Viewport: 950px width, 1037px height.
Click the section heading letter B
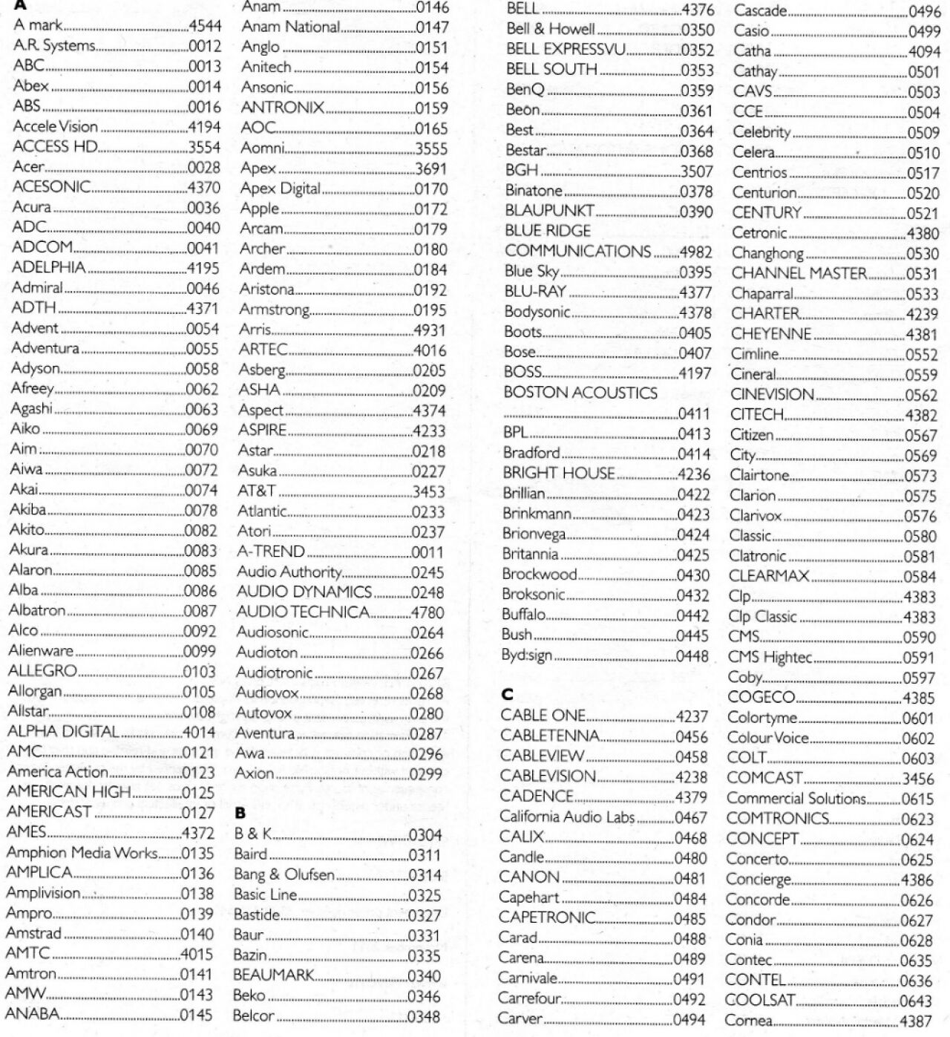pyautogui.click(x=240, y=813)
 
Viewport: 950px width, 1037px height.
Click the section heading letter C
pyautogui.click(x=507, y=695)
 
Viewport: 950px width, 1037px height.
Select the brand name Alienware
pyautogui.click(x=41, y=651)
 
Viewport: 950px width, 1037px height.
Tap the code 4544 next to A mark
pyautogui.click(x=205, y=25)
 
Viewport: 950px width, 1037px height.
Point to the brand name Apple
pyautogui.click(x=260, y=209)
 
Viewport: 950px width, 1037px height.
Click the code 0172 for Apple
pyautogui.click(x=431, y=209)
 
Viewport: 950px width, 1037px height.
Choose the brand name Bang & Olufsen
pyautogui.click(x=284, y=874)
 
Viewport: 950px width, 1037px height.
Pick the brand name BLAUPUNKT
pyautogui.click(x=549, y=211)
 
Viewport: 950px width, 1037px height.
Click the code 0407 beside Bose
pyautogui.click(x=695, y=353)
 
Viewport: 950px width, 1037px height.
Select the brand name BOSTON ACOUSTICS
pyautogui.click(x=580, y=393)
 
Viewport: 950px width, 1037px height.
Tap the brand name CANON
pyautogui.click(x=529, y=877)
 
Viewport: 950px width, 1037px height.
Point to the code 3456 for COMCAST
pyautogui.click(x=918, y=779)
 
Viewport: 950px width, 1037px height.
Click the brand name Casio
pyautogui.click(x=751, y=31)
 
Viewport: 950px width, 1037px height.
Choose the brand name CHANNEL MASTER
pyautogui.click(x=799, y=273)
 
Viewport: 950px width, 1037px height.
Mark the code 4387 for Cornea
pyautogui.click(x=915, y=1021)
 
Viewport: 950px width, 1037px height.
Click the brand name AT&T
pyautogui.click(x=257, y=491)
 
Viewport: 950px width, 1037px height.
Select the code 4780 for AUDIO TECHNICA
pyautogui.click(x=427, y=613)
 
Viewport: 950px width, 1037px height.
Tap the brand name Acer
pyautogui.click(x=29, y=167)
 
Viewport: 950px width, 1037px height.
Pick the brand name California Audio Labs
pyautogui.click(x=567, y=817)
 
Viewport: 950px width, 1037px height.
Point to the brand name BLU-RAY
pyautogui.click(x=535, y=292)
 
